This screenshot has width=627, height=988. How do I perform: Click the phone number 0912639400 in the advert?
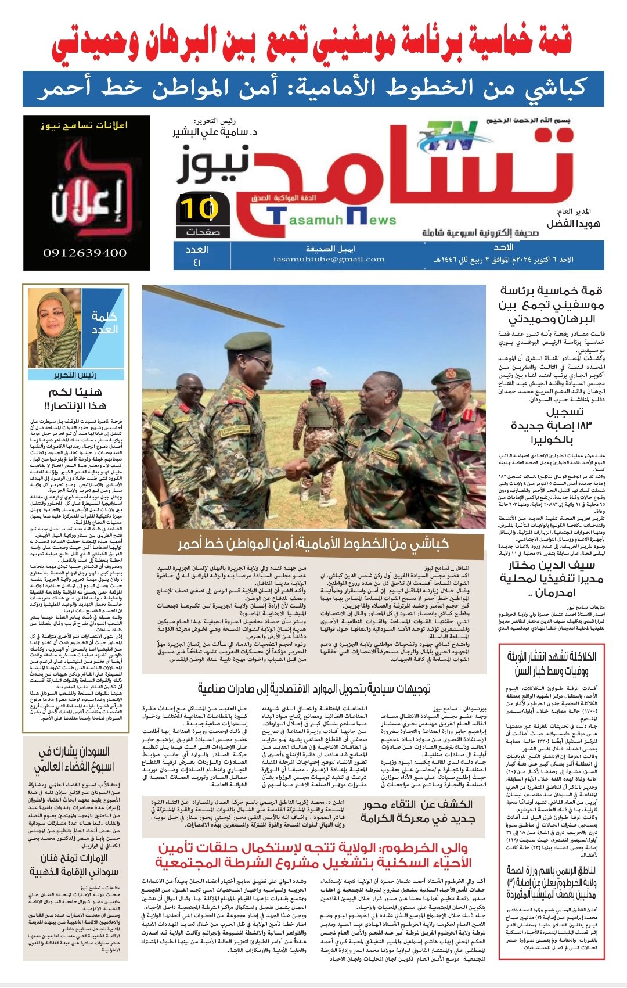tap(85, 253)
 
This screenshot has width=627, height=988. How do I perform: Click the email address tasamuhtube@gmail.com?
tap(329, 260)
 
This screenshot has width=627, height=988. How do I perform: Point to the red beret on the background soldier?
tap(318, 383)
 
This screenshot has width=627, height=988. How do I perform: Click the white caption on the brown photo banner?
tap(313, 544)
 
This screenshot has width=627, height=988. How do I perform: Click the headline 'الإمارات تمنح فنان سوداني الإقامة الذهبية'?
tap(75, 865)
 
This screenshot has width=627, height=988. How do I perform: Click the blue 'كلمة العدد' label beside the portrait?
tap(105, 323)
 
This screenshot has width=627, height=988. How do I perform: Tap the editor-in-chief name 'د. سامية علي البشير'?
tap(215, 132)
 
